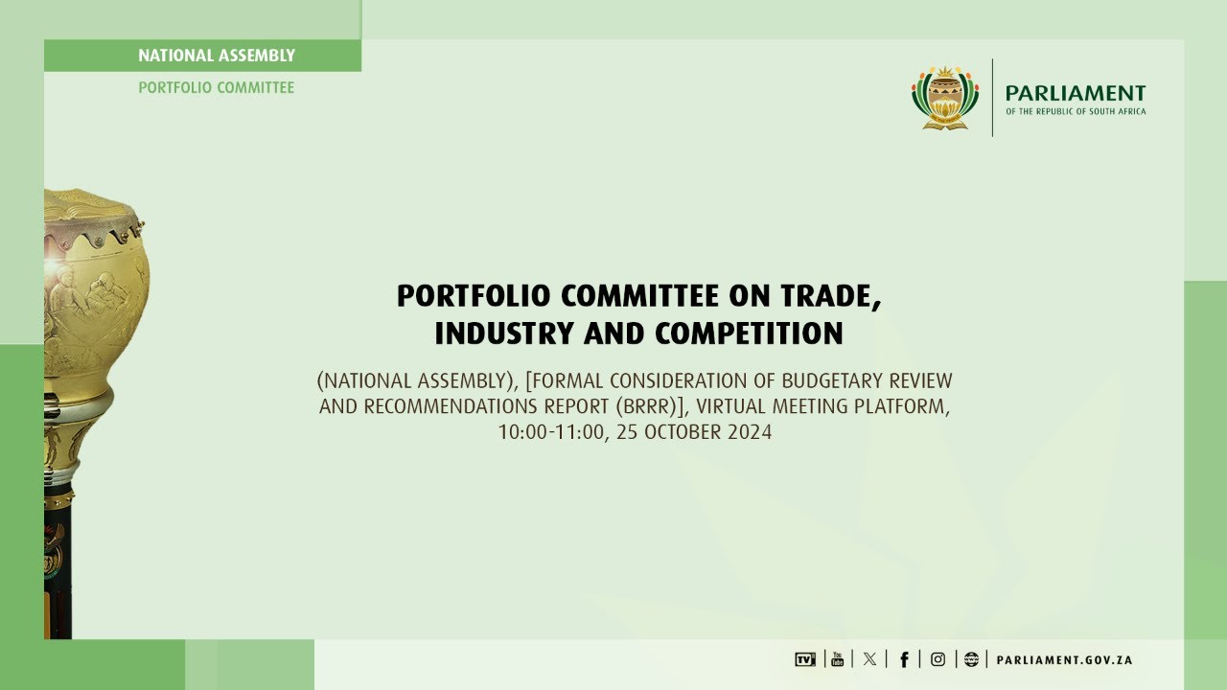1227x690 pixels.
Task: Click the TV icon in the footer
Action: [x=805, y=659]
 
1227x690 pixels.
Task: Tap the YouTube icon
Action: [x=837, y=659]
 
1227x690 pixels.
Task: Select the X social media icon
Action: [x=869, y=659]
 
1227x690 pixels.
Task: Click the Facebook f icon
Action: [x=903, y=659]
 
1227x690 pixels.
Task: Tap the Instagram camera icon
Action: [x=938, y=659]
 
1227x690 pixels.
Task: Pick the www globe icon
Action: [x=971, y=659]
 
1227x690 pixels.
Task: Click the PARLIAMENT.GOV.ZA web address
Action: [x=1064, y=660]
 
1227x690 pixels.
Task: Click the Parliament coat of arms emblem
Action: [x=945, y=98]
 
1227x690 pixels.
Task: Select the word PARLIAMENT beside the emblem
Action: [x=1075, y=93]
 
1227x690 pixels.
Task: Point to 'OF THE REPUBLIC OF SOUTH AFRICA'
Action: [x=1075, y=112]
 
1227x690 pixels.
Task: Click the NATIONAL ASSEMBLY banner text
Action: [x=217, y=56]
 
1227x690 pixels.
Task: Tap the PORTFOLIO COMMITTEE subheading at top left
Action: [x=217, y=87]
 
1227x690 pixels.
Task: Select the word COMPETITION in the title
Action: [x=749, y=333]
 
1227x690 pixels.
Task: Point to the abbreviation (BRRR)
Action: [x=647, y=406]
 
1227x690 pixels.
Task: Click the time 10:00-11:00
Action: [x=551, y=432]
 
